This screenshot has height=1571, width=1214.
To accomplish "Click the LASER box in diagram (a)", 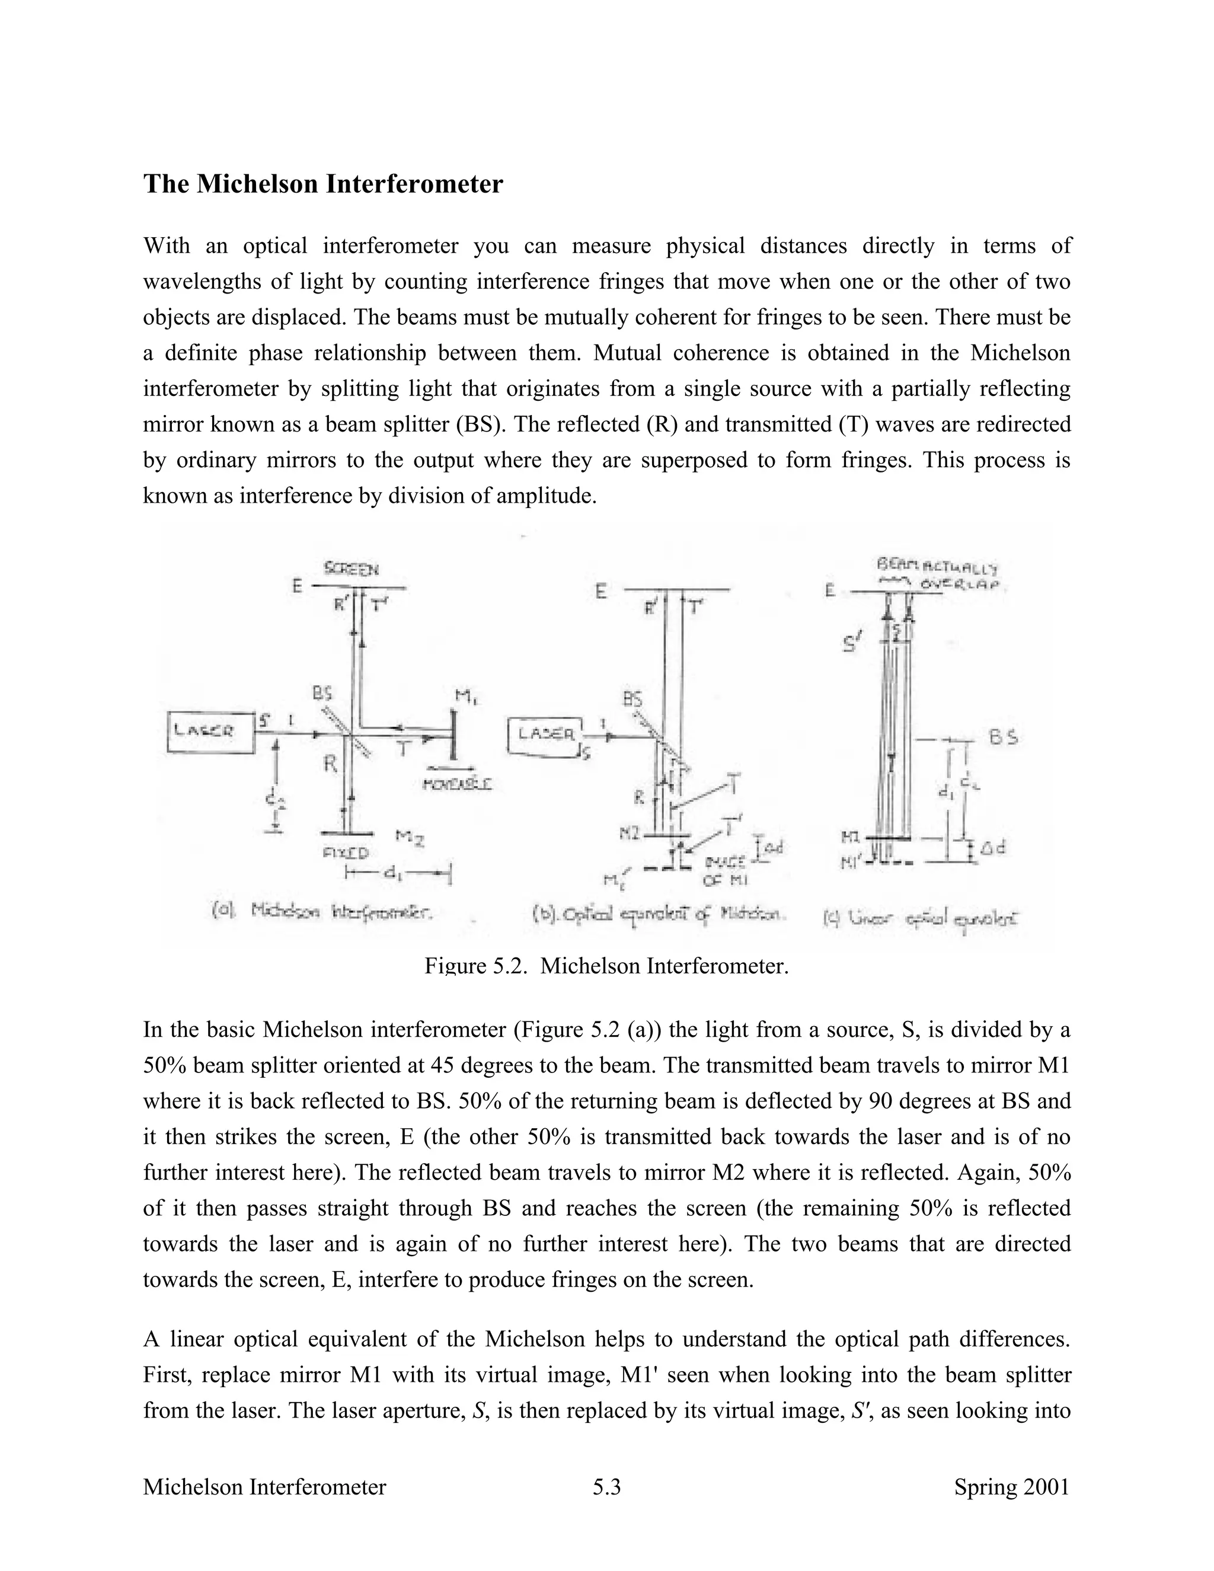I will tap(210, 732).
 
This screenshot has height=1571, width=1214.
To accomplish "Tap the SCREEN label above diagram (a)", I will tap(351, 569).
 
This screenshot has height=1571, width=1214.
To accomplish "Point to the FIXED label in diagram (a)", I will tap(346, 853).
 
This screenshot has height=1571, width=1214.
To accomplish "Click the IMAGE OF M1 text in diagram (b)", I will tap(726, 870).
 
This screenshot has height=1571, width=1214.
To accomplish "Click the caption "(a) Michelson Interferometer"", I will tap(322, 912).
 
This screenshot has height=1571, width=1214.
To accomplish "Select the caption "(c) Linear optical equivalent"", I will tap(924, 918).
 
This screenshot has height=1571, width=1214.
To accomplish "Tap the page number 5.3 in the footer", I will tap(606, 1487).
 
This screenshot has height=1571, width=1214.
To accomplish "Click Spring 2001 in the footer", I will tap(1011, 1487).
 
